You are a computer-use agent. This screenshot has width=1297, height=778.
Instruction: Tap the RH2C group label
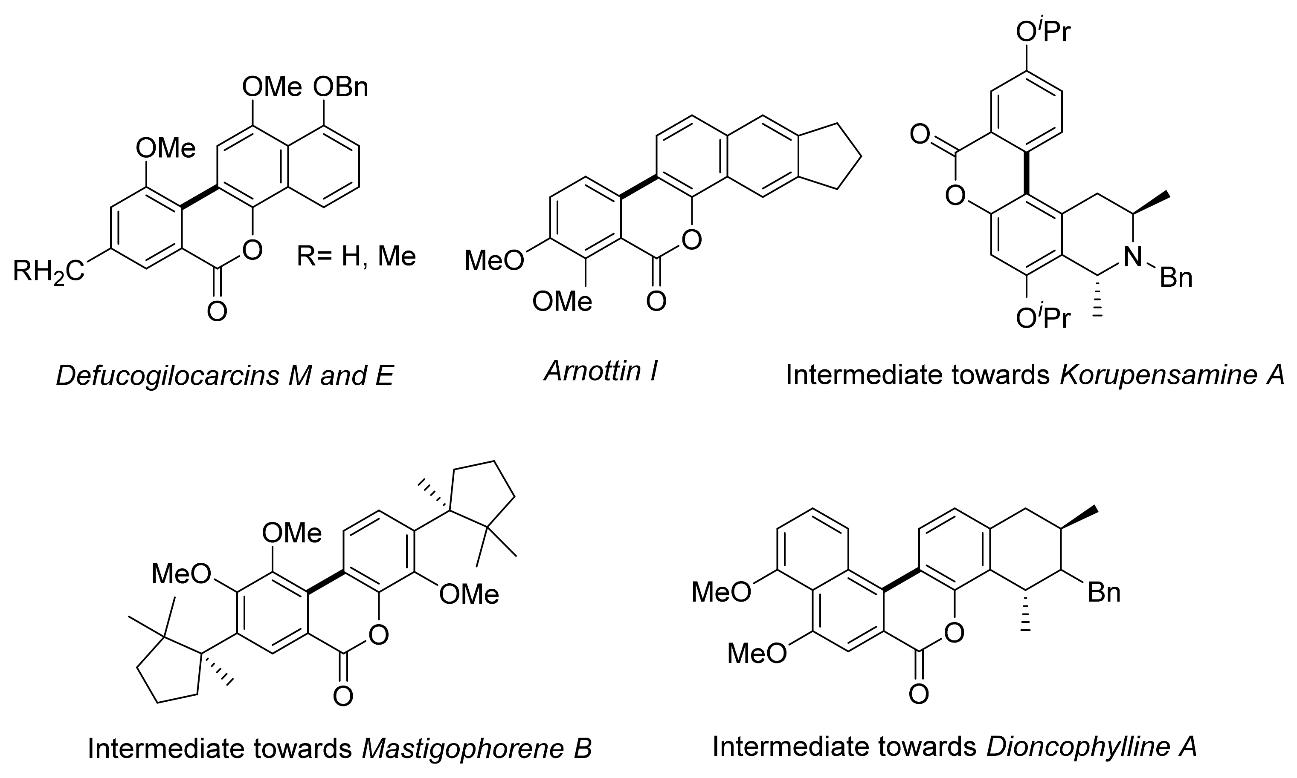click(48, 271)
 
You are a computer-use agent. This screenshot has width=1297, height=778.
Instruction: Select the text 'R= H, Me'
click(356, 257)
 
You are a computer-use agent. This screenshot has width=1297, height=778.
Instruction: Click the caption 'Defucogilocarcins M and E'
click(225, 375)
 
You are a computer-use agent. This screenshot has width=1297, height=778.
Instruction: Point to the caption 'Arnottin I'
click(601, 371)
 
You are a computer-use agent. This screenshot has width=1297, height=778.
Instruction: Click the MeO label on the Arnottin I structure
click(494, 261)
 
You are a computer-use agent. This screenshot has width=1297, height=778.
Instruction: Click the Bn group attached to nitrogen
click(1176, 278)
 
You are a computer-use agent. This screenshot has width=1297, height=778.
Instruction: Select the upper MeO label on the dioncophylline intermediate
click(721, 592)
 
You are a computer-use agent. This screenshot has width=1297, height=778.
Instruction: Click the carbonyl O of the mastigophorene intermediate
click(342, 697)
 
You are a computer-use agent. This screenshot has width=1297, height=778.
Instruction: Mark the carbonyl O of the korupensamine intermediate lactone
click(920, 135)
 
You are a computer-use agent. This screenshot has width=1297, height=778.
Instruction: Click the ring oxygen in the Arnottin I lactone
click(691, 241)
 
